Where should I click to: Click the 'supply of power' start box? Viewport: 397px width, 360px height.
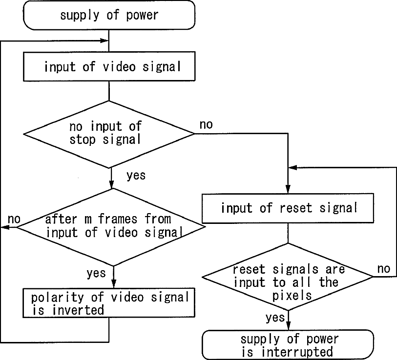coord(109,15)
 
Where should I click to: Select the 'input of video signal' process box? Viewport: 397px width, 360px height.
coord(109,66)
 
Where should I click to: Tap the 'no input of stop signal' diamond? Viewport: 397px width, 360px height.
coord(109,134)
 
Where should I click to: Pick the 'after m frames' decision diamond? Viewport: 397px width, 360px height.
coord(111,227)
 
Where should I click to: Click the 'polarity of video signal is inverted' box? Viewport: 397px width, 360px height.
coord(109,303)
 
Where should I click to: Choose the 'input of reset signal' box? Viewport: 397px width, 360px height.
coord(288,208)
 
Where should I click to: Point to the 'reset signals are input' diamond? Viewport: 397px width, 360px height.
coord(288,277)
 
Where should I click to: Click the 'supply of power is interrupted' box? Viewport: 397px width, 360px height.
coord(288,344)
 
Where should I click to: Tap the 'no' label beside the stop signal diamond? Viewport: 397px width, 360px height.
coord(206,125)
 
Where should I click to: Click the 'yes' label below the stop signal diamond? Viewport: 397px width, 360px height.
coord(136,175)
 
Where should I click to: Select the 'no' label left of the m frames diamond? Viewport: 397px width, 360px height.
coord(14,219)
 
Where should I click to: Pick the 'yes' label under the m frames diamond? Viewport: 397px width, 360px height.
coord(96,273)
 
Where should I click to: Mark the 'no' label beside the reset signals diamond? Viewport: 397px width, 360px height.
coord(384,269)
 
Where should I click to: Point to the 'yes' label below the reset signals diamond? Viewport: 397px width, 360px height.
coord(275,318)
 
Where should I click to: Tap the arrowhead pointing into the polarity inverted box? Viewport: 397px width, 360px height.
coord(114,284)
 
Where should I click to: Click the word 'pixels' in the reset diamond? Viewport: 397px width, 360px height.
coord(292,296)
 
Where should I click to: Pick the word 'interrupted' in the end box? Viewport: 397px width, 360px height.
coord(297,352)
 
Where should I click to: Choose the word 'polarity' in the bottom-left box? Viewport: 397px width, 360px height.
coord(57,298)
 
